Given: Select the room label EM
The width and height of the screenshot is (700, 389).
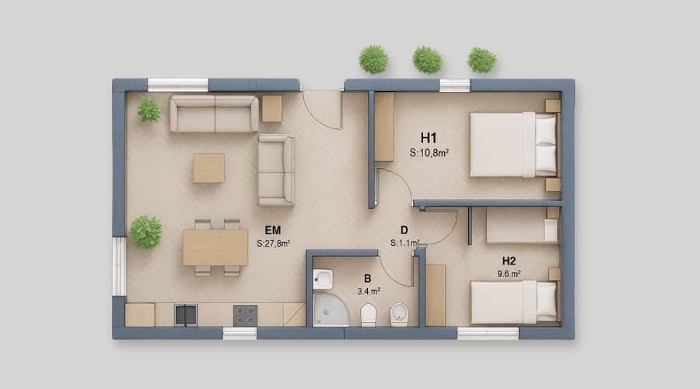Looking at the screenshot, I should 273,230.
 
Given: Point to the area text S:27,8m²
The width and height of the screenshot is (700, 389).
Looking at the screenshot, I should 273,244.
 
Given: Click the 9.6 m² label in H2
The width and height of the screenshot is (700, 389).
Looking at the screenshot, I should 509,273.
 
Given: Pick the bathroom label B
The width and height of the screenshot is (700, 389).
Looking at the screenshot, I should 367,278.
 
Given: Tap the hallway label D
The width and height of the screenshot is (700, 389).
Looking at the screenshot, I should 404,230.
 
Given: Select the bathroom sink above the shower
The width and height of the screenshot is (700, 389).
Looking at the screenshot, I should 324,279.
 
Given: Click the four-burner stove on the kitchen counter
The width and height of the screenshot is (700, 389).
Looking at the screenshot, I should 245,314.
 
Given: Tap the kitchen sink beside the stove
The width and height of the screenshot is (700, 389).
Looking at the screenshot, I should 185,314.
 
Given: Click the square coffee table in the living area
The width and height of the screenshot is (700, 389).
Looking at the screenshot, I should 208,168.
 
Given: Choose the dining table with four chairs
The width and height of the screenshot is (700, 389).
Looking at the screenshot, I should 215,247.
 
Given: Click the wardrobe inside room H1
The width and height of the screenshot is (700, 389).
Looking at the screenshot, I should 384,127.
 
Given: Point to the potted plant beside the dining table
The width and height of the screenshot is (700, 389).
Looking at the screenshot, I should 145,232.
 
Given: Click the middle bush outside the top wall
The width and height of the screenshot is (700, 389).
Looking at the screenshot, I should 427,60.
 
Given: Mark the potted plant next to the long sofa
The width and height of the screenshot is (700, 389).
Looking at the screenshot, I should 149,110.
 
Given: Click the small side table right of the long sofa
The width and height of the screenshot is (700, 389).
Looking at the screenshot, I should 271,109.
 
